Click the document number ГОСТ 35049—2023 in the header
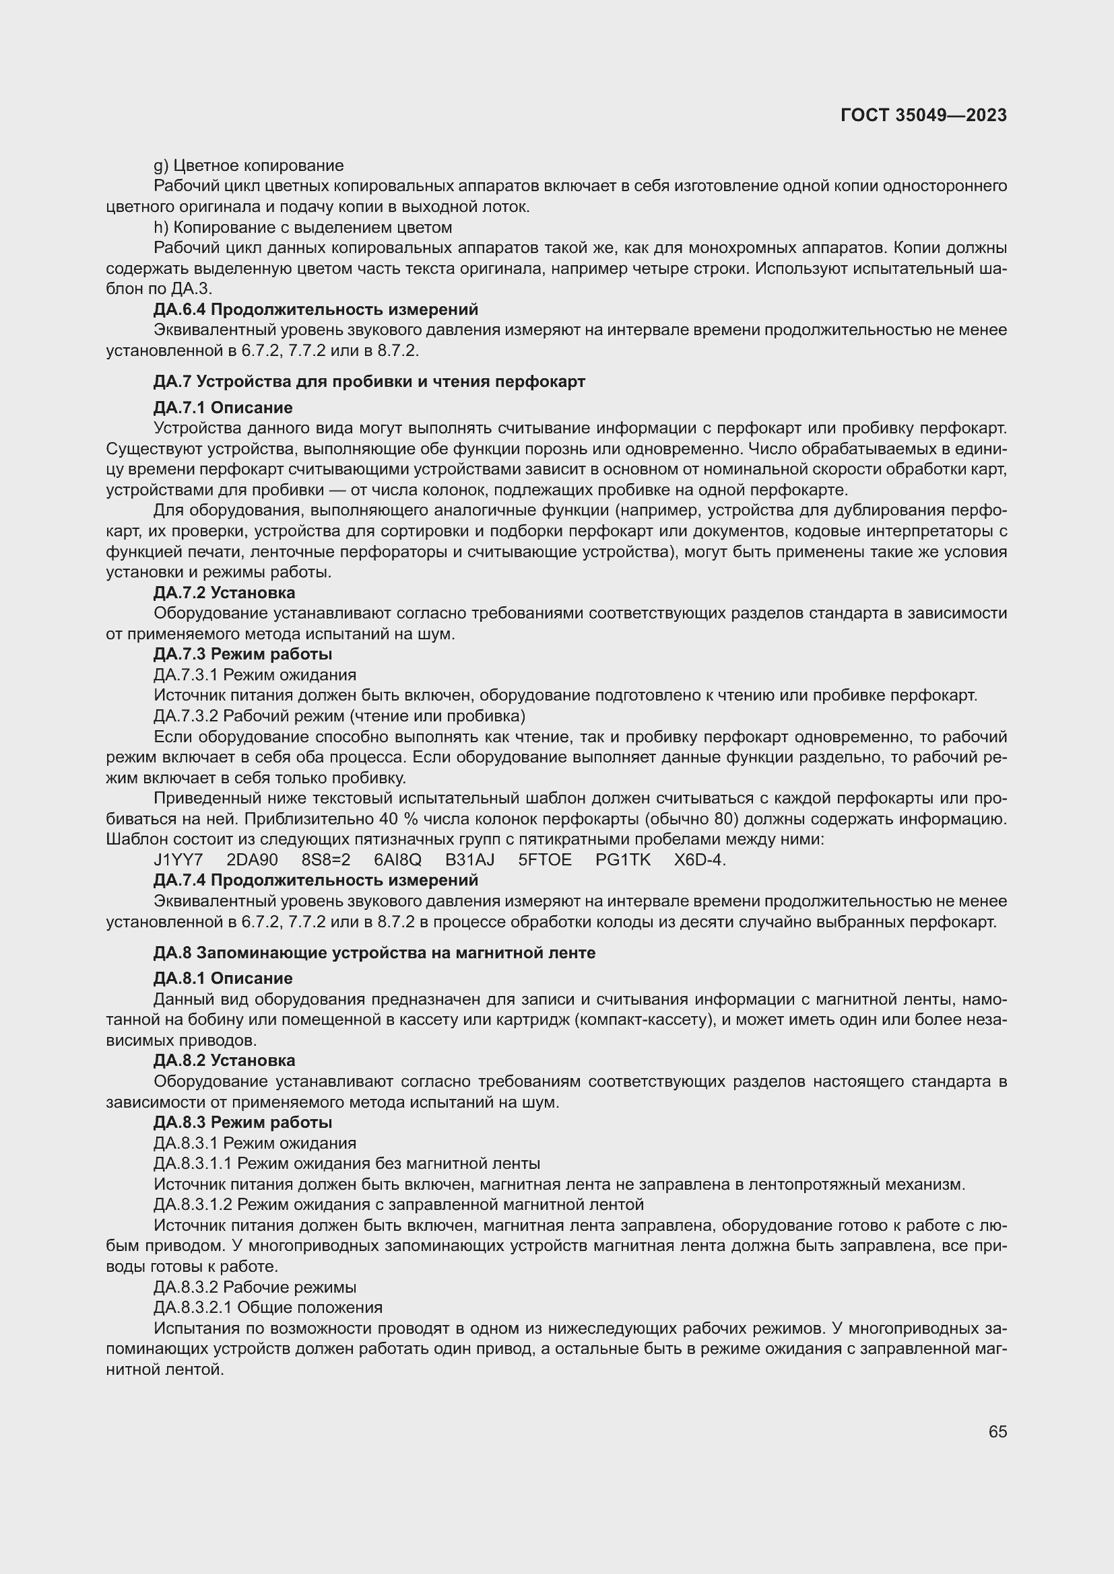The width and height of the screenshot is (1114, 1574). [x=923, y=115]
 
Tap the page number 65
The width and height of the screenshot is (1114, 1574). [x=997, y=1431]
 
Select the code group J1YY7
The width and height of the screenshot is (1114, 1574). [x=178, y=859]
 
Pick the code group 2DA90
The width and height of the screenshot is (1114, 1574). [x=253, y=859]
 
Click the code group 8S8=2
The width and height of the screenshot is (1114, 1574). [x=326, y=859]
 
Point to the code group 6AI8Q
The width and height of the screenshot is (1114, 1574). [x=398, y=859]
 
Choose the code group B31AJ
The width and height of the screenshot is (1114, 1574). [x=470, y=859]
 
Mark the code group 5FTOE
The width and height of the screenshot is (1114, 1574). [x=545, y=859]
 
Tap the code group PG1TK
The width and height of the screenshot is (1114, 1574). [x=623, y=859]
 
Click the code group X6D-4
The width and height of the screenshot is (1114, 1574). [x=700, y=859]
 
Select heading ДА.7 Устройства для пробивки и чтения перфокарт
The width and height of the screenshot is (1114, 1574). [x=369, y=382]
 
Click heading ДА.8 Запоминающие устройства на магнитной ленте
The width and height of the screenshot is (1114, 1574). [x=374, y=953]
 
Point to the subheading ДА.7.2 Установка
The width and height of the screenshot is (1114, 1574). [x=224, y=592]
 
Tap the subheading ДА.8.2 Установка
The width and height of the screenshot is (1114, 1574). [x=224, y=1061]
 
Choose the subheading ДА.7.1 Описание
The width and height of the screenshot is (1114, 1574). [x=223, y=408]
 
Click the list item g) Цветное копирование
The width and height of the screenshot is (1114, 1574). [x=249, y=166]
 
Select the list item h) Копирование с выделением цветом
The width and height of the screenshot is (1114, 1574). [x=302, y=227]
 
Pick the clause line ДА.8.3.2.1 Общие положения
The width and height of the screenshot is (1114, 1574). [x=268, y=1308]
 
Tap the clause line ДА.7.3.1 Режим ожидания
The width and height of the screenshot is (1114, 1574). [x=255, y=674]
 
